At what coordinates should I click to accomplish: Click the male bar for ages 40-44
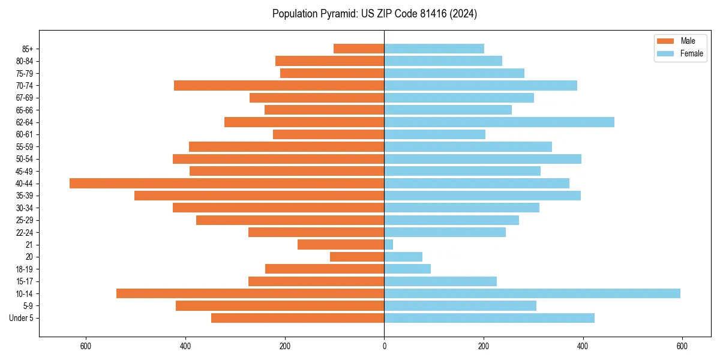click(227, 183)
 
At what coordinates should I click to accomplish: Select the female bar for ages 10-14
click(532, 293)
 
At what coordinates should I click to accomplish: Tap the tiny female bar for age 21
click(389, 244)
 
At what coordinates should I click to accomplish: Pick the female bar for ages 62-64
click(499, 122)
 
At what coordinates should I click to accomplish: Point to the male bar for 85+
click(359, 49)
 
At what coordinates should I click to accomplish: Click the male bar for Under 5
click(298, 318)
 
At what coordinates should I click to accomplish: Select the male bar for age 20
click(357, 257)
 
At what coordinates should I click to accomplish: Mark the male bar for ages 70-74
click(279, 85)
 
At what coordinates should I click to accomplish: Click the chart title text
click(374, 14)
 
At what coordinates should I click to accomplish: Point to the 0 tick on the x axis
click(384, 347)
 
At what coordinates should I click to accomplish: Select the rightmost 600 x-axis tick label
click(682, 347)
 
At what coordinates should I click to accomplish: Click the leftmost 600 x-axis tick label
click(86, 347)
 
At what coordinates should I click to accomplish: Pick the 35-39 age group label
click(25, 196)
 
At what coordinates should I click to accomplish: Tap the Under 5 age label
click(22, 318)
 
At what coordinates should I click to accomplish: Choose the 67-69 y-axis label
click(25, 98)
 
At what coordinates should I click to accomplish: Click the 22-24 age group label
click(25, 232)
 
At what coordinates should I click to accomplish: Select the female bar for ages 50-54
click(482, 159)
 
